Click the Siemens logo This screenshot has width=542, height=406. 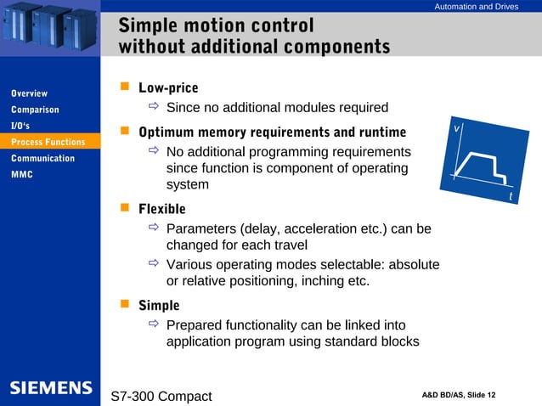[51, 388]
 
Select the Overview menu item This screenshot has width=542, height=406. [29, 93]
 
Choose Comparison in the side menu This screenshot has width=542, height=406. [35, 110]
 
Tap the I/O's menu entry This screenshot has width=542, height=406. [20, 126]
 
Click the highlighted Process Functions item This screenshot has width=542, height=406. [48, 142]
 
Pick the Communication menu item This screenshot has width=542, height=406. [42, 158]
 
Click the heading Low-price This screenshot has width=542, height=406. [168, 87]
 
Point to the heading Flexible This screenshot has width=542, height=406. [161, 208]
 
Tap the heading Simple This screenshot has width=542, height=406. [159, 305]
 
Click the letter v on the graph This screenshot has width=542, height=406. [456, 127]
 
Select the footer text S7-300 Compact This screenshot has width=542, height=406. [161, 396]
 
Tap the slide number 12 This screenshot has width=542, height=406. [492, 395]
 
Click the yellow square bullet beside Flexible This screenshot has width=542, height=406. [124, 207]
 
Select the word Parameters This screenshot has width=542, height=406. [201, 229]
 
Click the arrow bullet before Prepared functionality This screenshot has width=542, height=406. [153, 325]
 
